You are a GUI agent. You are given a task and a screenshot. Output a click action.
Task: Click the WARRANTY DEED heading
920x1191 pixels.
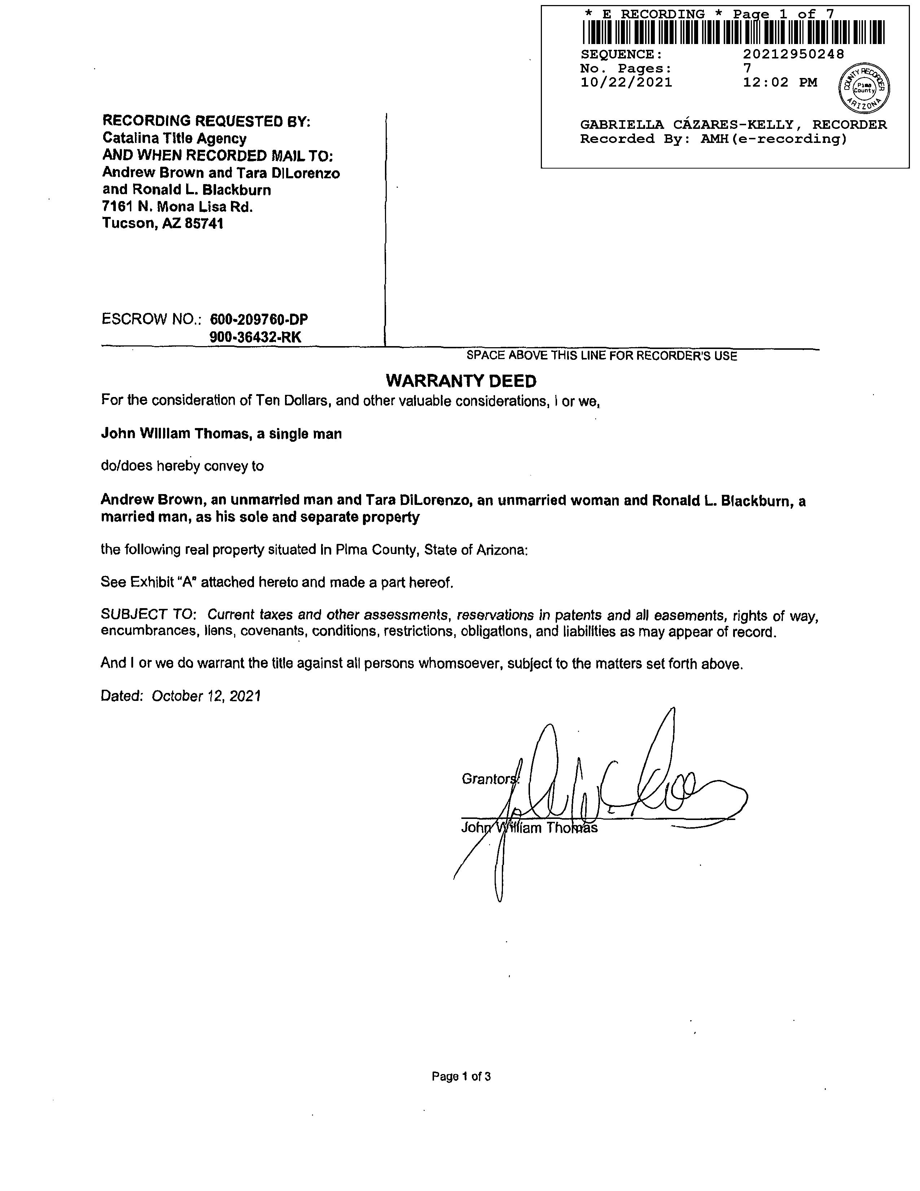461,381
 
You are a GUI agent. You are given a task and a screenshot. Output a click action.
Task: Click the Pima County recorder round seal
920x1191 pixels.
863,87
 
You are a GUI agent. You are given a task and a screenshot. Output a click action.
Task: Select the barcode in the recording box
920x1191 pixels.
733,32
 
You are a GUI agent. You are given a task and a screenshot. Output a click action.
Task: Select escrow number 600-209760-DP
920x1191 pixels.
259,319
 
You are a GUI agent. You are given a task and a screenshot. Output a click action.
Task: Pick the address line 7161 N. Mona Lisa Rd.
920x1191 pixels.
178,207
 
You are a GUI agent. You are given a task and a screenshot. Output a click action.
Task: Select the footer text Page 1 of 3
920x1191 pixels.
461,1076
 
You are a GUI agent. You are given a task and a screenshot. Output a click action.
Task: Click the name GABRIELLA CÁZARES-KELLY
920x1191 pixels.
687,125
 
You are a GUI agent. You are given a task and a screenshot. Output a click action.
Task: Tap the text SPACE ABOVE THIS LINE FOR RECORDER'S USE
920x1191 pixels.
602,356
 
